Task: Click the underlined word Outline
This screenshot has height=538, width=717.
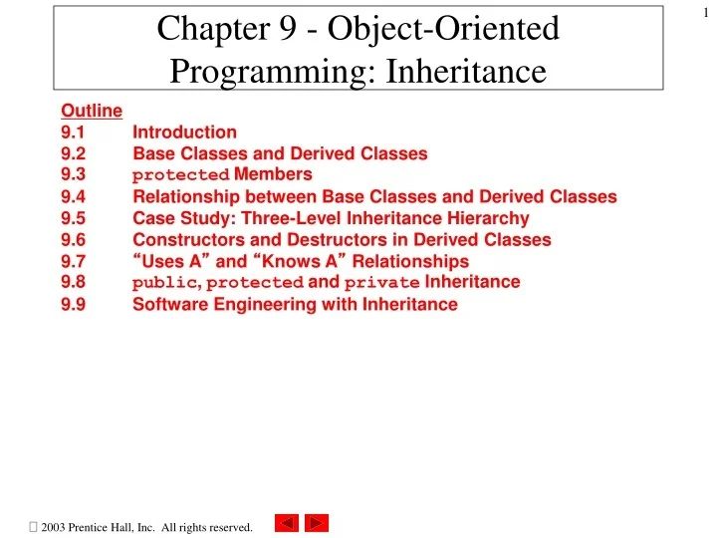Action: pos(91,111)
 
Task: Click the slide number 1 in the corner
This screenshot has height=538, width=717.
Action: pos(704,11)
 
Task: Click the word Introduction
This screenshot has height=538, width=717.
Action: pos(184,132)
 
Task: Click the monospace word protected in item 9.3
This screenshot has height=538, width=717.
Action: pos(180,176)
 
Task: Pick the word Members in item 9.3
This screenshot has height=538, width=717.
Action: pos(272,175)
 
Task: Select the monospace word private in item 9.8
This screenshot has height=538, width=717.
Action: pos(382,284)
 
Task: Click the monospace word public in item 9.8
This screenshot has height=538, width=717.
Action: pos(164,284)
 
